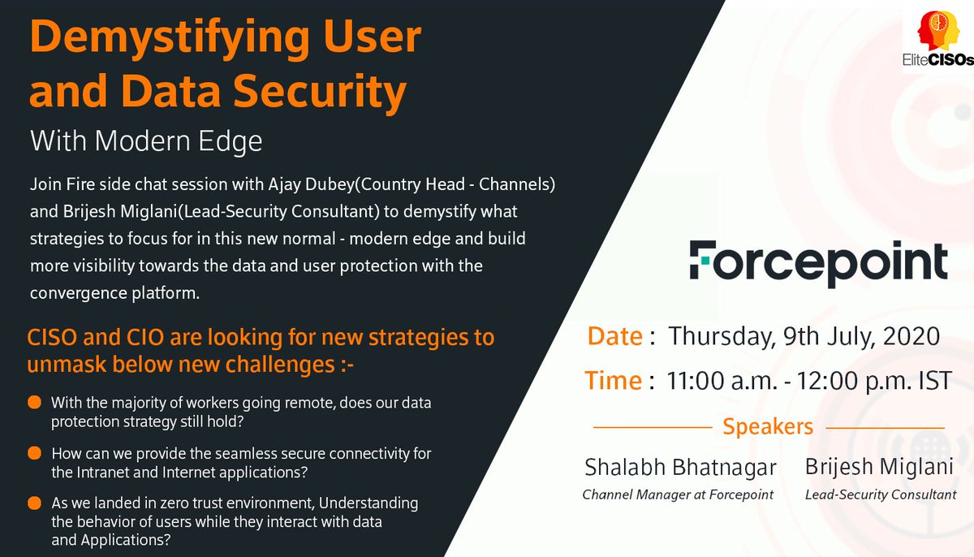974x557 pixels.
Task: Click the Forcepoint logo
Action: pyautogui.click(x=818, y=261)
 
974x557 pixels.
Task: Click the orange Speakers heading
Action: pyautogui.click(x=768, y=425)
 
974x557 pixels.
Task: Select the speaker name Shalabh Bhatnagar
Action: pyautogui.click(x=680, y=468)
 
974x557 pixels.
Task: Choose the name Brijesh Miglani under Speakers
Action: pyautogui.click(x=879, y=468)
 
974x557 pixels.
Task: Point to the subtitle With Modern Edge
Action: pyautogui.click(x=146, y=142)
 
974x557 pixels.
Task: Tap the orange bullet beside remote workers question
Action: pyautogui.click(x=35, y=403)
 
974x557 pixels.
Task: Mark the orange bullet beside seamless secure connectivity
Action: pyautogui.click(x=35, y=453)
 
